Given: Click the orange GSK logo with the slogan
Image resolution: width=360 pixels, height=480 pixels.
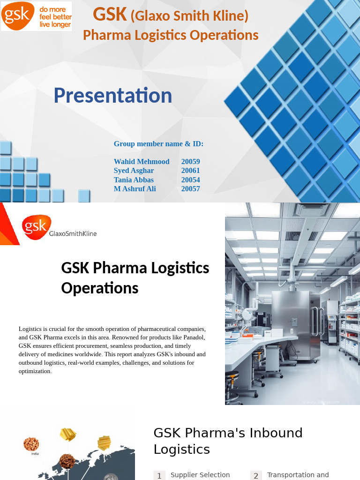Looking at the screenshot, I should click(37, 16).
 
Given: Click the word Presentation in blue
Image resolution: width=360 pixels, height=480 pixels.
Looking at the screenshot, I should click(113, 95).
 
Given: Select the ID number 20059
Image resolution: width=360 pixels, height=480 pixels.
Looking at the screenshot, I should click(190, 162).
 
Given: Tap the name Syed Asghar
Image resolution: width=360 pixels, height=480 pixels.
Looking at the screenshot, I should click(134, 171).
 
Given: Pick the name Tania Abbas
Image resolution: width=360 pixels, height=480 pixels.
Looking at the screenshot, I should click(134, 180).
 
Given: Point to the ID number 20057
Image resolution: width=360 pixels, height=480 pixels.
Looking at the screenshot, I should click(190, 189).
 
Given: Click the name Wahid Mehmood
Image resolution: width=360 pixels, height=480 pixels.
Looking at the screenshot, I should click(142, 162).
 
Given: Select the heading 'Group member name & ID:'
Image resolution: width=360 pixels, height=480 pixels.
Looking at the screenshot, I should click(158, 144).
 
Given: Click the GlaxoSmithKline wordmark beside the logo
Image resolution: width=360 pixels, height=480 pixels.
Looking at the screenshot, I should click(73, 233).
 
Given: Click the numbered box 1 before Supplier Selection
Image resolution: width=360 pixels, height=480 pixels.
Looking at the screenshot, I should click(159, 476).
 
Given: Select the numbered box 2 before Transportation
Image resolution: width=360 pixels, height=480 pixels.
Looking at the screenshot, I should click(256, 476).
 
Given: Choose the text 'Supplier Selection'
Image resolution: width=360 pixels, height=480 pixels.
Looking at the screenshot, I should click(200, 475).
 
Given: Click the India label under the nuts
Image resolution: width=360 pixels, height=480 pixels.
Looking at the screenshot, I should click(35, 454).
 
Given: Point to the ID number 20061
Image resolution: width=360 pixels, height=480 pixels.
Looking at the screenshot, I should click(190, 171).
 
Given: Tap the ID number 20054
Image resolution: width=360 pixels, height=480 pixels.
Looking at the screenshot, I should click(190, 180).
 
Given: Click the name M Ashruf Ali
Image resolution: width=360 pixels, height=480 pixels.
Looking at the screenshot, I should click(135, 189).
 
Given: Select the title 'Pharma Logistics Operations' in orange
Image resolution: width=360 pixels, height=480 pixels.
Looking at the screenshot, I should click(171, 35).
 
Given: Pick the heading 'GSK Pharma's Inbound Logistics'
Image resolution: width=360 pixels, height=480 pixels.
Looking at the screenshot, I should click(228, 441).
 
